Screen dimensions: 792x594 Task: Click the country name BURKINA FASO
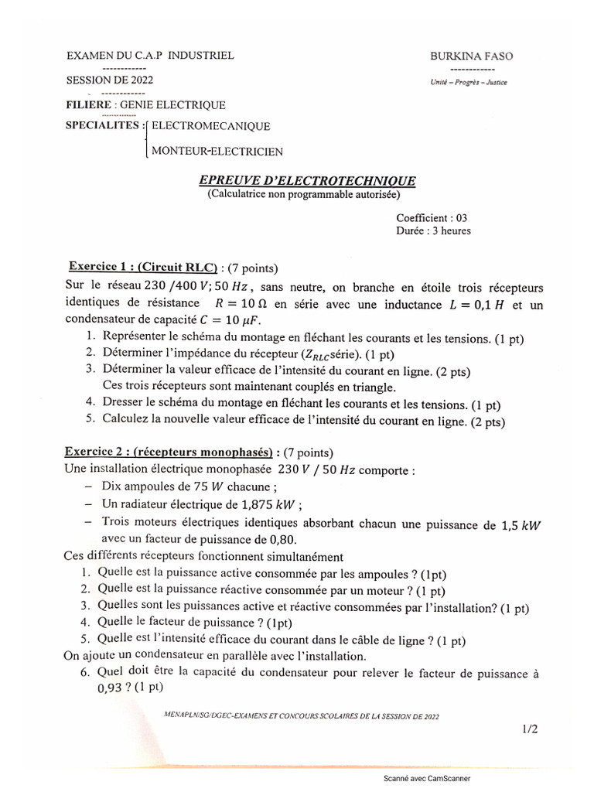click(471, 56)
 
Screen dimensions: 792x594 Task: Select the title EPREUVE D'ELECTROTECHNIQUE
click(307, 181)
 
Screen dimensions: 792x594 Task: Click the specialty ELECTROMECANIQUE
click(210, 126)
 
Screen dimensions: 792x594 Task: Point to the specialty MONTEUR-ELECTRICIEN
click(217, 151)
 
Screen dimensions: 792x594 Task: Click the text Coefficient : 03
click(432, 218)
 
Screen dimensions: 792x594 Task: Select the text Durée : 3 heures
click(433, 230)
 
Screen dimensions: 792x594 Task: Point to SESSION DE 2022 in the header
click(109, 80)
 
